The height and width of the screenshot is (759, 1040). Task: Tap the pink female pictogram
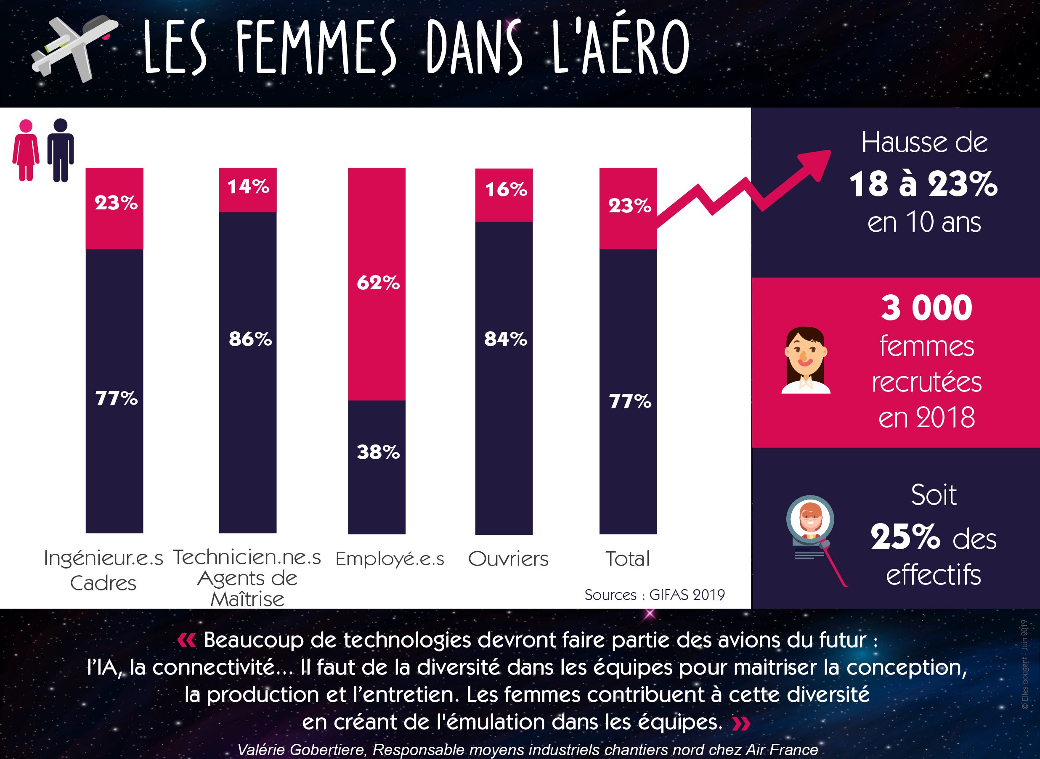[26, 150]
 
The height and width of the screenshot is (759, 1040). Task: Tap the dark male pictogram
[61, 150]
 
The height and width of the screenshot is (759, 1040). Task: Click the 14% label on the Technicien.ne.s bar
[248, 187]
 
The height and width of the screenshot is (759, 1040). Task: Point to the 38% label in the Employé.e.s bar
[378, 452]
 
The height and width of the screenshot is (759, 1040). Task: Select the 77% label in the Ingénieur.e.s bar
[116, 398]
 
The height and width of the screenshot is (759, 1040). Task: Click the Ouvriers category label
[508, 559]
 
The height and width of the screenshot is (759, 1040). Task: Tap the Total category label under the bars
[628, 559]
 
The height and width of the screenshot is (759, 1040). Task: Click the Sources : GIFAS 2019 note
[655, 595]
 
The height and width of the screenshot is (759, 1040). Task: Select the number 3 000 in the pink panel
[926, 308]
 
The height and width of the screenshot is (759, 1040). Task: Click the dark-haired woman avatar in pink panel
[806, 360]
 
